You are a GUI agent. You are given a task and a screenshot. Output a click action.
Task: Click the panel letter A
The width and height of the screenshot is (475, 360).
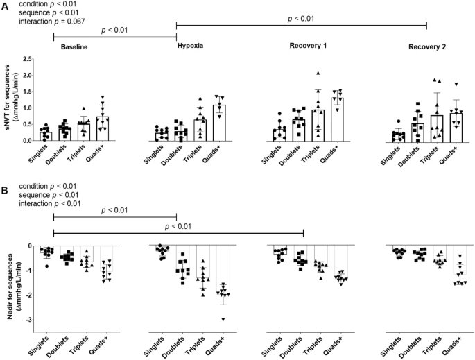(x=6, y=5)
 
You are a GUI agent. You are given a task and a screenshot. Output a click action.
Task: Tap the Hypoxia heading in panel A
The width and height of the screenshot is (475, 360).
(x=189, y=45)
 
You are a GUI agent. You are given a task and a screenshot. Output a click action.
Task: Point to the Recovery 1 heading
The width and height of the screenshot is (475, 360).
(x=309, y=45)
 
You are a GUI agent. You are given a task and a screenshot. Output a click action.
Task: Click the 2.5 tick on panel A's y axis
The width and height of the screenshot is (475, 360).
(x=27, y=59)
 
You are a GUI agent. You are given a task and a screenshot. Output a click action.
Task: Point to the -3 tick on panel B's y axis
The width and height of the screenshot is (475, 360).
(x=28, y=320)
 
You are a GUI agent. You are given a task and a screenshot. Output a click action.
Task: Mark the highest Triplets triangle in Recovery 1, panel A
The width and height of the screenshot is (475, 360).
(x=318, y=73)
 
